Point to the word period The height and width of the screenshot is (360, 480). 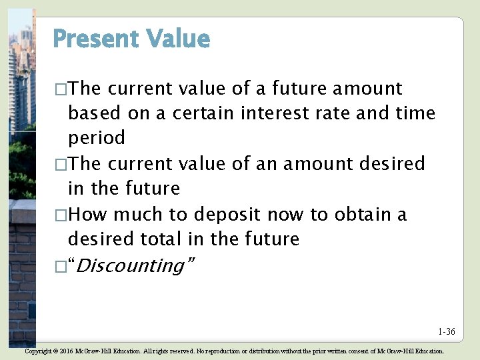[97, 139]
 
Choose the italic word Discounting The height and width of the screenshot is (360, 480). [132, 266]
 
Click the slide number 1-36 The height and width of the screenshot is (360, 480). [447, 331]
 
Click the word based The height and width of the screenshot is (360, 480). [95, 113]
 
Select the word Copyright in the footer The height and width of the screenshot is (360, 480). [39, 351]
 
